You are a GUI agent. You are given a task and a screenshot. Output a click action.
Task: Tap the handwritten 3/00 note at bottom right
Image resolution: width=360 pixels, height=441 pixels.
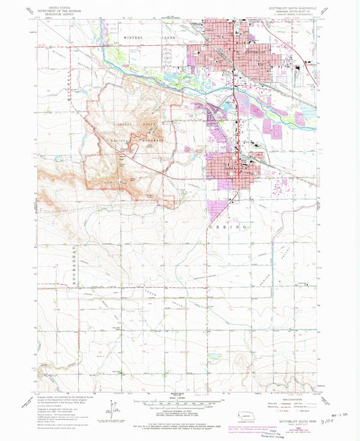(x=334, y=419)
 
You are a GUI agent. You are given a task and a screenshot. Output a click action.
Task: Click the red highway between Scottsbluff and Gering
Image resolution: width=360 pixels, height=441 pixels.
(x=234, y=101)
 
